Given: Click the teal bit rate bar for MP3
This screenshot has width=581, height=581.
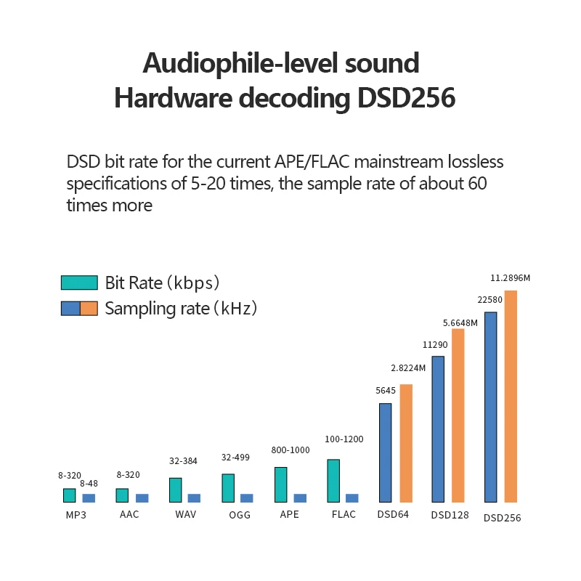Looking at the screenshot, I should click(x=70, y=495).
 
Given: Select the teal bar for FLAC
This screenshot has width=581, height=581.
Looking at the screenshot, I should click(x=334, y=481).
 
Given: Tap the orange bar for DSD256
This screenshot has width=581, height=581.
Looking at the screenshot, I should click(x=511, y=397).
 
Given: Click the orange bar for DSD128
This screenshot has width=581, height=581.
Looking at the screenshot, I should click(x=458, y=415).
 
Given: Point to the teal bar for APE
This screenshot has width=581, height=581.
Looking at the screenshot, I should click(x=281, y=484).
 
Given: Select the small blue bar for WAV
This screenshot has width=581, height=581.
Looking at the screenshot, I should click(x=194, y=498).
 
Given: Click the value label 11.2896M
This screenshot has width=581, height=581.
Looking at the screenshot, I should click(x=511, y=278).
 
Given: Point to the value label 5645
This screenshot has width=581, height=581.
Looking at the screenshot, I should click(x=386, y=391).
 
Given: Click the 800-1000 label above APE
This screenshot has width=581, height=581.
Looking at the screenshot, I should click(x=290, y=450).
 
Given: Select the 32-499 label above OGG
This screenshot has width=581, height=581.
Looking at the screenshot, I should click(x=235, y=458).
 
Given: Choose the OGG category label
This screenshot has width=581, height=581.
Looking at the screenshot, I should click(x=240, y=515).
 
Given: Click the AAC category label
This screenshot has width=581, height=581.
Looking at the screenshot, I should click(x=129, y=514).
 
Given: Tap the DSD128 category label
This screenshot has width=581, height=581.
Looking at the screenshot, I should click(x=450, y=516).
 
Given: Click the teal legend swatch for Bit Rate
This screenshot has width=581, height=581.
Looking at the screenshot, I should click(x=79, y=283).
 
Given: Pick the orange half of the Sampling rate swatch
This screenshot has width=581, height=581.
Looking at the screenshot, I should click(x=89, y=308).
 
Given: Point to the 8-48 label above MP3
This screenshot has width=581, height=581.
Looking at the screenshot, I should click(x=89, y=484).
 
